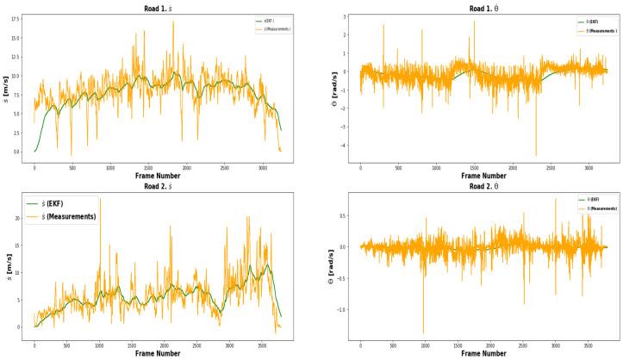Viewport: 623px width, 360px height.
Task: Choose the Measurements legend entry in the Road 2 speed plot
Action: click(x=72, y=216)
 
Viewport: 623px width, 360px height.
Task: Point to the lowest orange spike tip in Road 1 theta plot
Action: click(x=536, y=156)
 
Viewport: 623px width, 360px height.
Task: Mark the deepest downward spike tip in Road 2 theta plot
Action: click(x=423, y=333)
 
